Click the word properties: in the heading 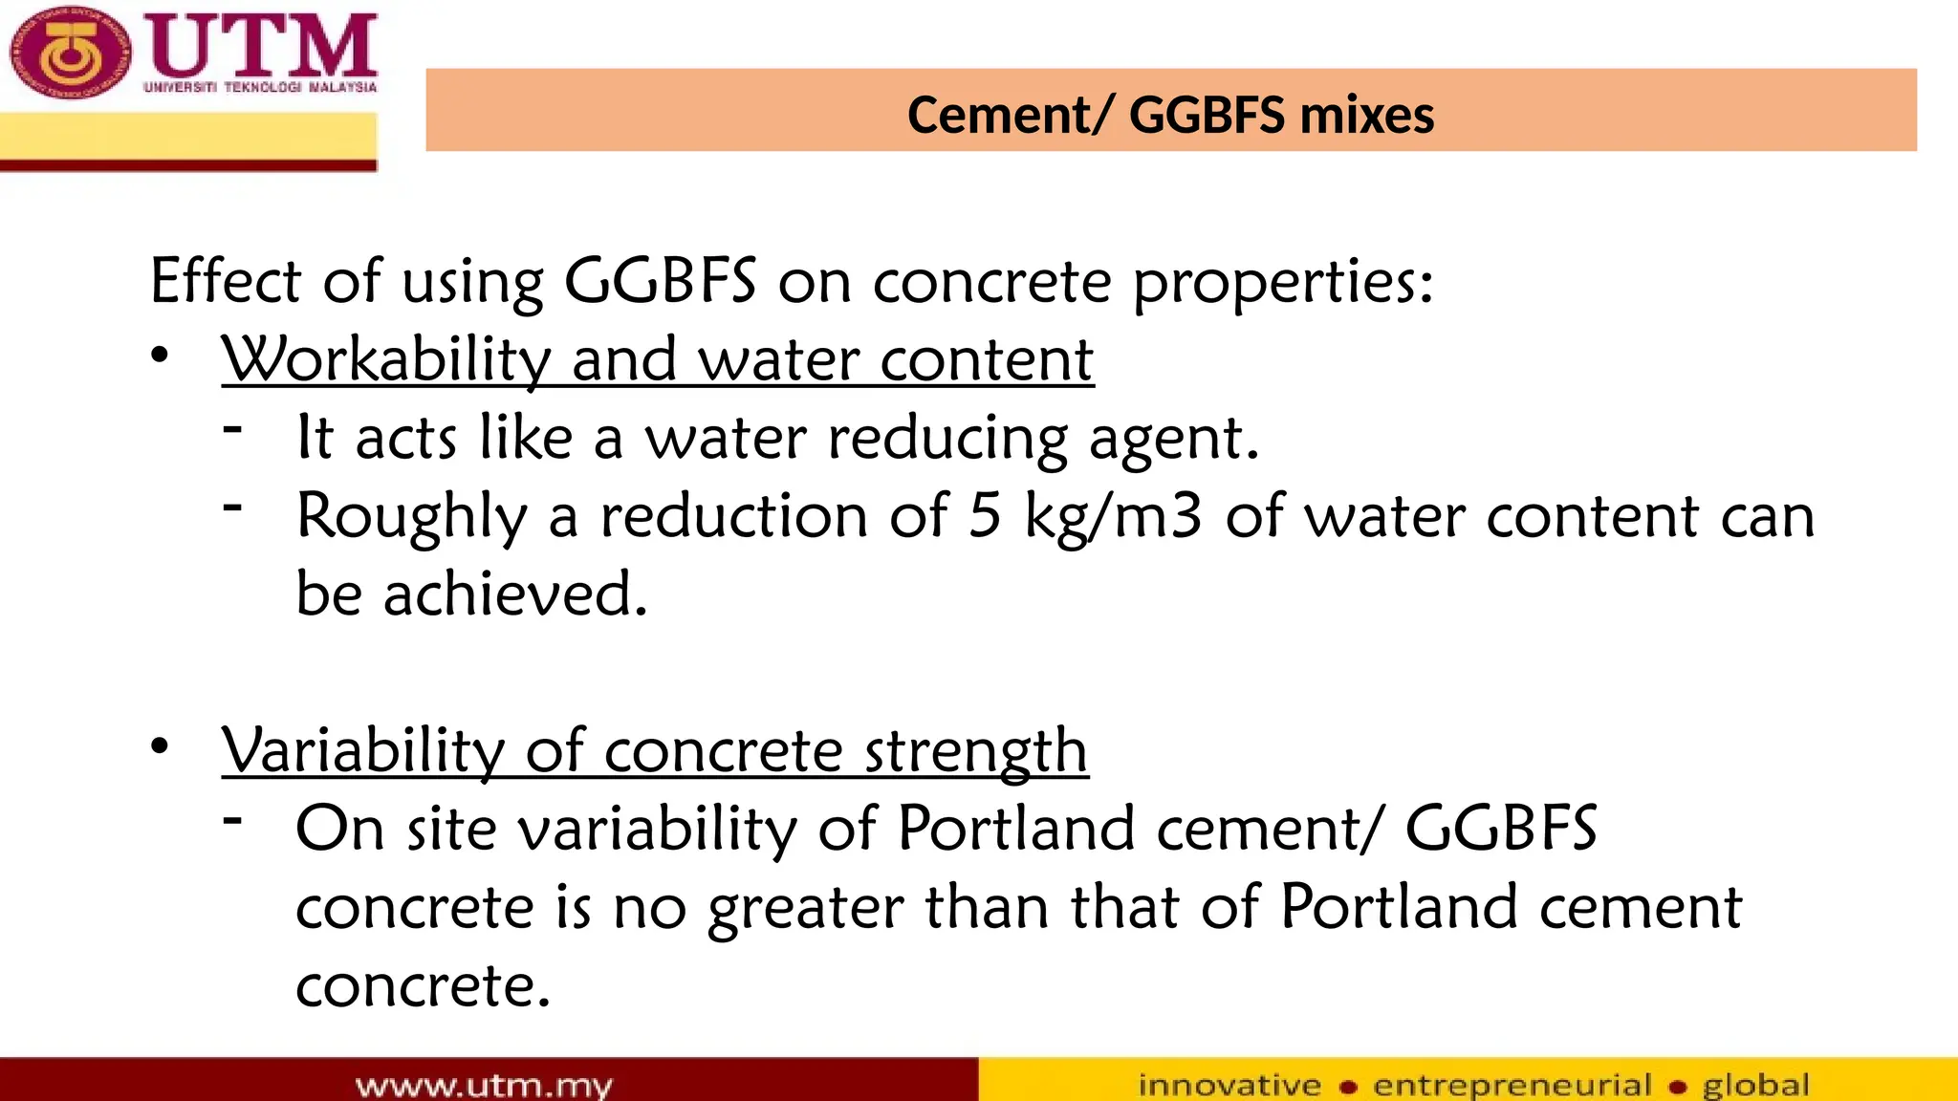click(1283, 283)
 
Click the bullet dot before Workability click(160, 356)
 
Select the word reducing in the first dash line click(947, 439)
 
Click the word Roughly click(412, 517)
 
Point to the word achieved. click(516, 594)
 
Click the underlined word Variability click(362, 751)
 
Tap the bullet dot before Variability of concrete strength click(160, 746)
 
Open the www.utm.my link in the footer click(484, 1086)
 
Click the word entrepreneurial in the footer click(1512, 1086)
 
